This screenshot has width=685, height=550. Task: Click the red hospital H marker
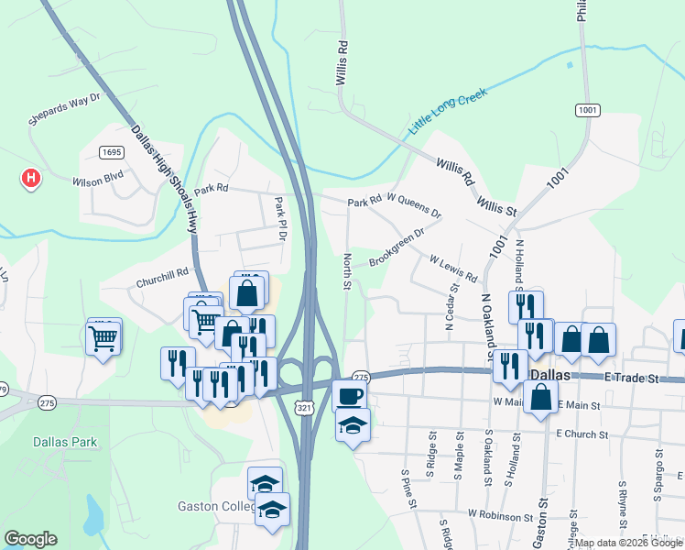tap(31, 177)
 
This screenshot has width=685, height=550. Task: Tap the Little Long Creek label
tap(448, 109)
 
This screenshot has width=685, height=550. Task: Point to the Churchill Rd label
tap(162, 272)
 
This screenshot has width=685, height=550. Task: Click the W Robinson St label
tap(500, 515)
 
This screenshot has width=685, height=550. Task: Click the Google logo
tap(31, 539)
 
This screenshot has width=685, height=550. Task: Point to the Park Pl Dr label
tap(281, 219)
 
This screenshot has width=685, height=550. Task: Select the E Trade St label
tap(631, 378)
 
